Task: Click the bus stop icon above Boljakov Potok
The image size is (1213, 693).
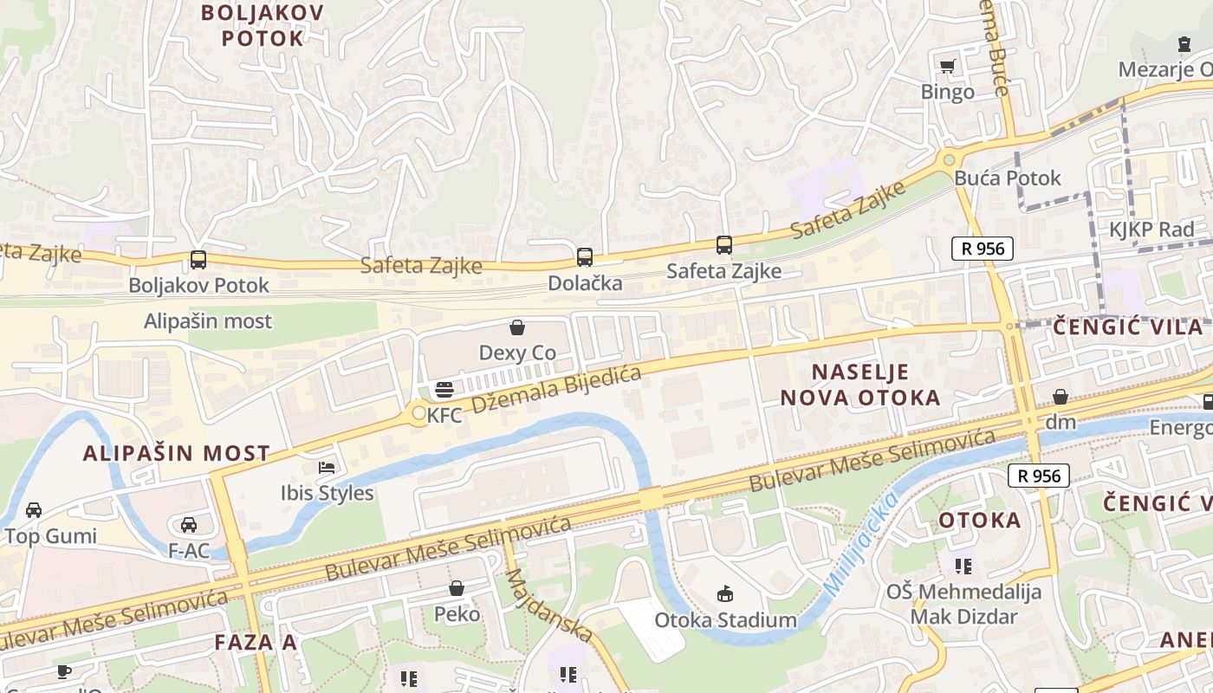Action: point(198,259)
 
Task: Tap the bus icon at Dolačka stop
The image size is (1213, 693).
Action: point(585,256)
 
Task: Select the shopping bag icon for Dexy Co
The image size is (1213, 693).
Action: point(517,327)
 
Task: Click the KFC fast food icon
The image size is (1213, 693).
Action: point(444,391)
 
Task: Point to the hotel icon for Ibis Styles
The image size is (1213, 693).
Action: point(327,468)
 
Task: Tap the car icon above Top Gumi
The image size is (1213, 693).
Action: point(34,509)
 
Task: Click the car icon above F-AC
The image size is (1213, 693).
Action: point(188,524)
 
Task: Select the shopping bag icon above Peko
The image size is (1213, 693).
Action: point(457,589)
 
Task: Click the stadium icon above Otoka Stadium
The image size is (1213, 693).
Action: point(724,593)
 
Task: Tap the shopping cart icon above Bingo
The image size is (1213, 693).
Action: point(948,66)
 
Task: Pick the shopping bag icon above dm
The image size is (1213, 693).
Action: point(1061,397)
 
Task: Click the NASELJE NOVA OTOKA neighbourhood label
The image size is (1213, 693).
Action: point(860,385)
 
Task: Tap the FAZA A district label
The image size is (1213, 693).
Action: point(256,642)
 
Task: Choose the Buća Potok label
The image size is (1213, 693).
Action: point(1008,178)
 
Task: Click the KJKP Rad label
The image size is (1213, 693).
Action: point(1151,230)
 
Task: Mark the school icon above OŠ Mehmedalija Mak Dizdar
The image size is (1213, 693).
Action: point(963,567)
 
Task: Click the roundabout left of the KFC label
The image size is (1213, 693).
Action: point(419,414)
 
